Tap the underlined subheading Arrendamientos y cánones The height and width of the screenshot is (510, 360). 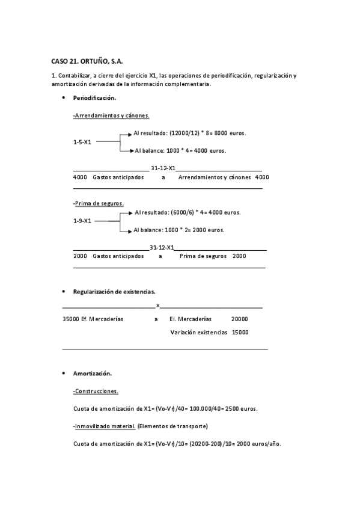(111, 115)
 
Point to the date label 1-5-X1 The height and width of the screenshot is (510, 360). (82, 142)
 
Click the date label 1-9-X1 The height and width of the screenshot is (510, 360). (82, 221)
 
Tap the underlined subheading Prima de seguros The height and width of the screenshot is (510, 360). (99, 203)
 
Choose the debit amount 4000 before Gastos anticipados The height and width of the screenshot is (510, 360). (80, 177)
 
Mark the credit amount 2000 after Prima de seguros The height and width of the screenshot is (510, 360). (239, 256)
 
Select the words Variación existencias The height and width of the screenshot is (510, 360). (198, 332)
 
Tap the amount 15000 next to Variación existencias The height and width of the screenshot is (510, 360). (240, 332)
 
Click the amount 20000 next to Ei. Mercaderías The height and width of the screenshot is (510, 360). (239, 319)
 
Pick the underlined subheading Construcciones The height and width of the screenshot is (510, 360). (96, 392)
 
